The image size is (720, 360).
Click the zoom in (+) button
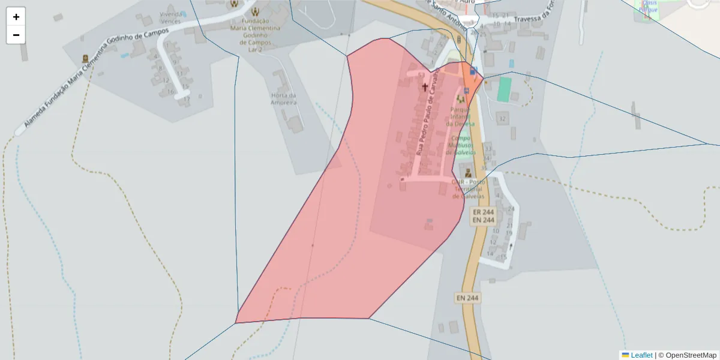click(x=16, y=17)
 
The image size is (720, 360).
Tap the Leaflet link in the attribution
click(x=641, y=355)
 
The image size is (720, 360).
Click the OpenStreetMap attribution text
click(x=691, y=355)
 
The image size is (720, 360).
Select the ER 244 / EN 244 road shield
click(x=484, y=216)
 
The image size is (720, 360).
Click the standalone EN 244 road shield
click(x=467, y=298)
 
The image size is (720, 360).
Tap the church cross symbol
click(x=425, y=87)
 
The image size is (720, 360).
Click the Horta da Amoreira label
click(x=284, y=99)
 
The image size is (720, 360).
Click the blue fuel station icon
click(x=473, y=72)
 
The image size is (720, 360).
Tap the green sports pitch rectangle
click(x=505, y=89)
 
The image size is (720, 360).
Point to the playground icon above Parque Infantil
click(x=461, y=99)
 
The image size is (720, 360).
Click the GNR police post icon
click(x=468, y=173)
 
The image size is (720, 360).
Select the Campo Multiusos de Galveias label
click(x=459, y=145)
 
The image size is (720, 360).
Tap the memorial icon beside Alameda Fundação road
click(x=85, y=59)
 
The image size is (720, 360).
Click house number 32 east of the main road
click(x=502, y=119)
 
